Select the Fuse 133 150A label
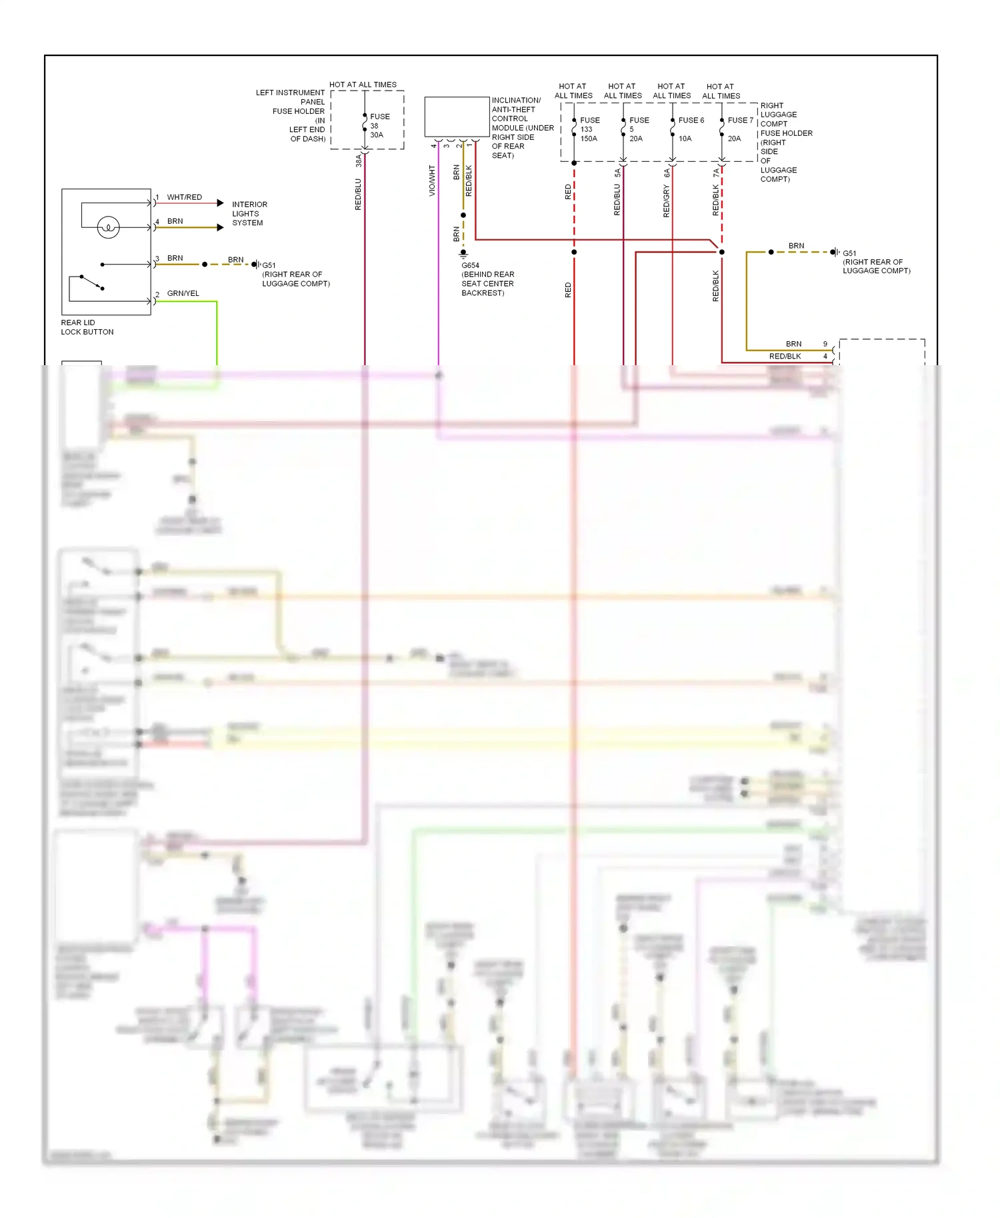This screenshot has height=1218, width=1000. tap(589, 129)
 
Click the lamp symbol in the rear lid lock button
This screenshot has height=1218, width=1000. tap(108, 227)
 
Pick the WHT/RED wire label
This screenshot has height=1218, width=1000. tap(184, 197)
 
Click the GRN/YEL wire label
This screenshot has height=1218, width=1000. tap(183, 293)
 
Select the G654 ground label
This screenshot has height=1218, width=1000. tap(470, 265)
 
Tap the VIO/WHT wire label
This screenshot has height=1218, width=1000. tap(432, 181)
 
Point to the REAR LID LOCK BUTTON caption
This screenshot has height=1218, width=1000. tap(87, 327)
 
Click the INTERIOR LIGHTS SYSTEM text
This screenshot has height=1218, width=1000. tap(249, 213)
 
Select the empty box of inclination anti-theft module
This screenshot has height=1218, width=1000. tap(457, 117)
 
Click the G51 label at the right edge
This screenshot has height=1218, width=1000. tap(849, 253)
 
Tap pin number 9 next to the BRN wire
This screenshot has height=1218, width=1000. tap(825, 344)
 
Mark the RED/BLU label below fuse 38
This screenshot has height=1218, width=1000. tap(358, 194)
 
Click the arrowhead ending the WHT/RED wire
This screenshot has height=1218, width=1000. tap(220, 203)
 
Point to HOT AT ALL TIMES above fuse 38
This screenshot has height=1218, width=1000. tap(363, 85)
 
